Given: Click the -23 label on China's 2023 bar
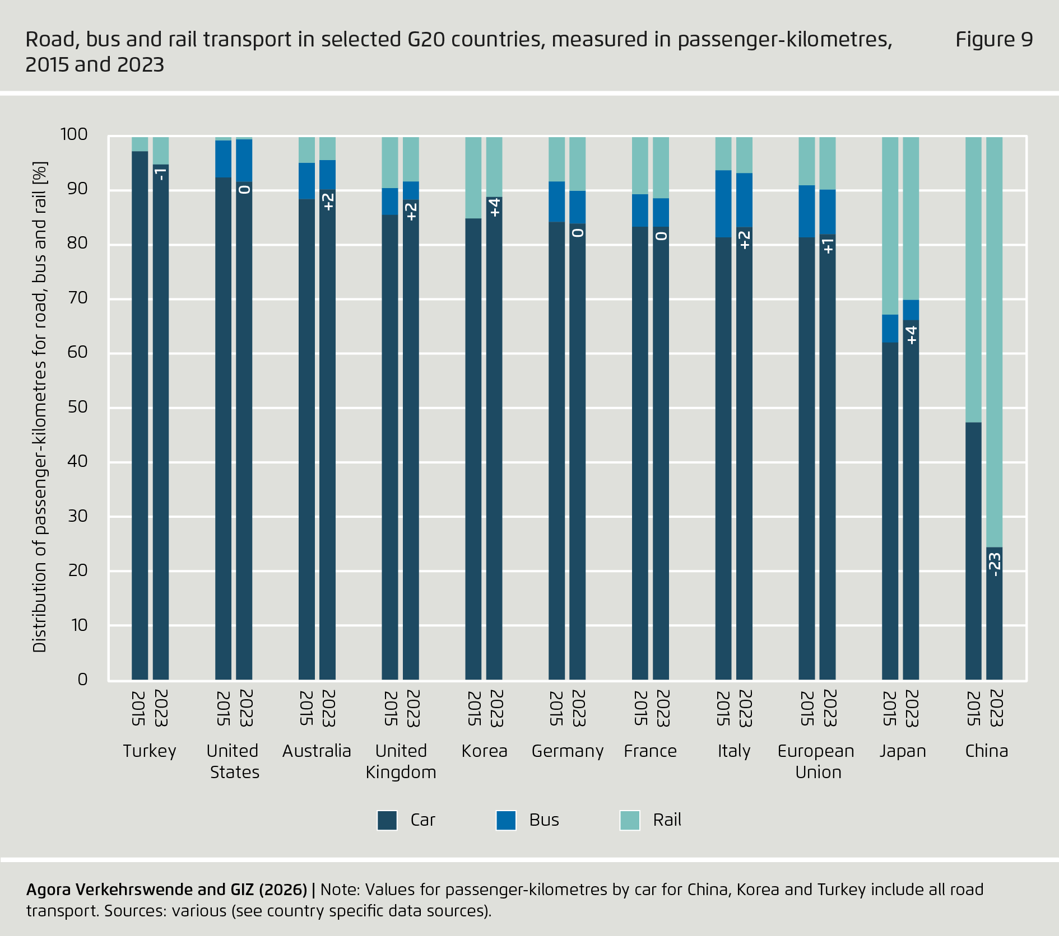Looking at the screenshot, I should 994,564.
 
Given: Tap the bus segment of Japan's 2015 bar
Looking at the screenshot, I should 890,329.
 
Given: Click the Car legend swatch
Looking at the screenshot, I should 387,820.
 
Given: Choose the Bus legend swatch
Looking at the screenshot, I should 506,820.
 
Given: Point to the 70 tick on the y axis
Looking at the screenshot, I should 78,298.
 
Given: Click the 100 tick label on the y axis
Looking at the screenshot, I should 74,134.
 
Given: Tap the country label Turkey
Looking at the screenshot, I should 150,751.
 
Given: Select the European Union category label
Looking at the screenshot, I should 816,761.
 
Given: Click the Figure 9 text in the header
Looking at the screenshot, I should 993,40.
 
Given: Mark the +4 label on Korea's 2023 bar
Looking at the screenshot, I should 494,208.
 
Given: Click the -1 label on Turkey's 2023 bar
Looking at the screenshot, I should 161,174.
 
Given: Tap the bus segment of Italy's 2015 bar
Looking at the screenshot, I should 723,204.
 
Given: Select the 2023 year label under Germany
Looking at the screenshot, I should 578,708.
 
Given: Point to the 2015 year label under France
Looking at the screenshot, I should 640,708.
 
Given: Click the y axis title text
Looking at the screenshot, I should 40,407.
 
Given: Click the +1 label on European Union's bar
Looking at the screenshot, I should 828,246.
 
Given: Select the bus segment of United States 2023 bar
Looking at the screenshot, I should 244,160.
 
